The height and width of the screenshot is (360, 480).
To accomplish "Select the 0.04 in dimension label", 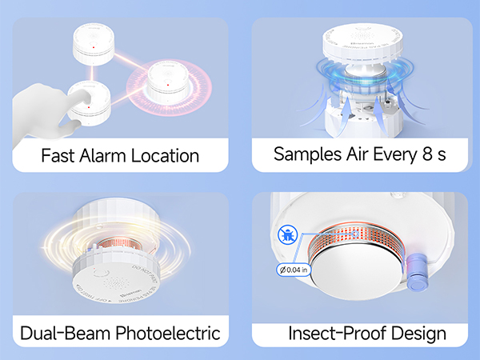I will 296,270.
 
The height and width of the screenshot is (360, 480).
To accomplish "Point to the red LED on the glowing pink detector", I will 170,80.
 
